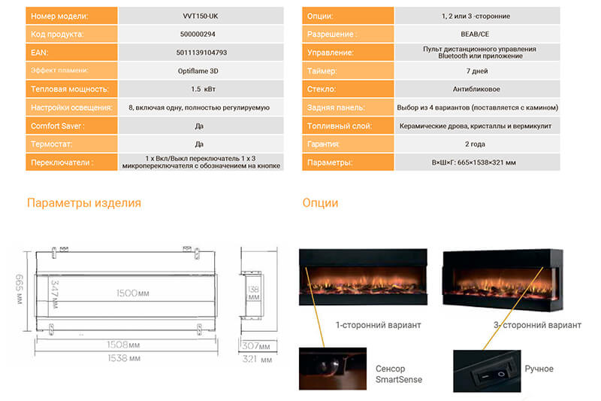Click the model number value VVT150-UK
point(201,16)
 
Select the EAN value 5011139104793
point(201,53)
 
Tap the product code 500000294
point(198,34)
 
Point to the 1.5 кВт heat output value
point(203,89)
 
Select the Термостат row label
point(51,144)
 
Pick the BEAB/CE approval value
point(475,34)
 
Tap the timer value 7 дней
point(477,71)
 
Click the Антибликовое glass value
point(476,89)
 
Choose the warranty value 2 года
point(475,144)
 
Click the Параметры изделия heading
point(84,202)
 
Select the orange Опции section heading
point(320,202)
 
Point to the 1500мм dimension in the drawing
point(133,293)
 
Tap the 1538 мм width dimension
point(124,358)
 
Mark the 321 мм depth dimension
point(257,359)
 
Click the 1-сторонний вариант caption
point(379,325)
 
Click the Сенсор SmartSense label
point(399,374)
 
